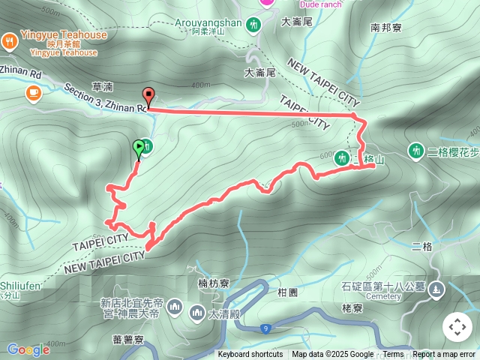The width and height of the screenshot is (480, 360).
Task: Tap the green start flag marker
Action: pyautogui.click(x=139, y=148)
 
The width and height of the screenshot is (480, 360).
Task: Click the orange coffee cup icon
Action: pyautogui.click(x=32, y=92)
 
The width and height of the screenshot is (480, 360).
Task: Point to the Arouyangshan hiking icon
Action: pyautogui.click(x=255, y=25)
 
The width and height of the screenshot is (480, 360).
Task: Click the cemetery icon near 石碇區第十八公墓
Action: pyautogui.click(x=436, y=290)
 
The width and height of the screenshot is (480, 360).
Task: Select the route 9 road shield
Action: pyautogui.click(x=266, y=327)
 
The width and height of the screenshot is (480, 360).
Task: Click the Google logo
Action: pyautogui.click(x=28, y=349)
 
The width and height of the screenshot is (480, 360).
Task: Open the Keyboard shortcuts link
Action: pyautogui.click(x=250, y=355)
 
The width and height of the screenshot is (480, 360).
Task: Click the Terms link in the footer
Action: pyautogui.click(x=393, y=355)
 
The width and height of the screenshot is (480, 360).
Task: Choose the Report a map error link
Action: pyautogui.click(x=445, y=355)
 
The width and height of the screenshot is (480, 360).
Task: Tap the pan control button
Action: pyautogui.click(x=457, y=327)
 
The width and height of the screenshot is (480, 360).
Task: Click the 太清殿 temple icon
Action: pyautogui.click(x=197, y=311)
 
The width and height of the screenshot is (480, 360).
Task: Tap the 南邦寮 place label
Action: pyautogui.click(x=385, y=27)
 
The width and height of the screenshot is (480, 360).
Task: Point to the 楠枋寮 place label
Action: pyautogui.click(x=213, y=283)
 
